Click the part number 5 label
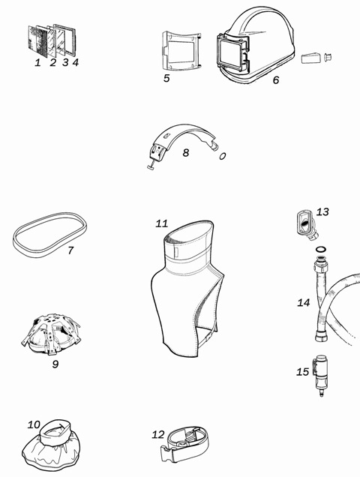166,78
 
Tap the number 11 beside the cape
161,224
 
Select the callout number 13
322,211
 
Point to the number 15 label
303,372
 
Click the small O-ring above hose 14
321,250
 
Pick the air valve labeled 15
319,375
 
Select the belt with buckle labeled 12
184,445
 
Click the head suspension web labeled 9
51,334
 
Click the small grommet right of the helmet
328,57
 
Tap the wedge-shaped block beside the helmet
311,58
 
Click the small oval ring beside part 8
223,156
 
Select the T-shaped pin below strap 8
153,165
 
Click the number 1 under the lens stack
37,63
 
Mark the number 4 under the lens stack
76,62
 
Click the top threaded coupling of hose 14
321,265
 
